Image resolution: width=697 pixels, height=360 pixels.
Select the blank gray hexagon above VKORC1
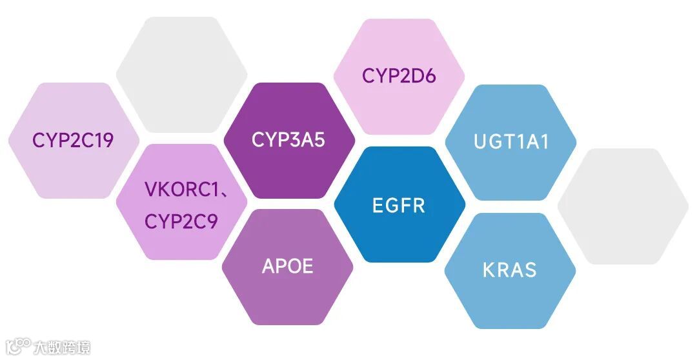(x=181, y=74)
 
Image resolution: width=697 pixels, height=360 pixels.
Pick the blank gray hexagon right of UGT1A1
(x=623, y=206)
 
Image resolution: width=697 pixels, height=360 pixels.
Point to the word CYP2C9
(x=181, y=221)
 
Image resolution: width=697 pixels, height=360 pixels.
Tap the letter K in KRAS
(x=489, y=269)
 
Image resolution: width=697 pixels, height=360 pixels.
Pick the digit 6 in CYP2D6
(x=429, y=75)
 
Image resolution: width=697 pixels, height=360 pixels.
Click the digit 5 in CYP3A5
(x=318, y=140)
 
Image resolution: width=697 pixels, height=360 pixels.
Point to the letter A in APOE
(x=268, y=266)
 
